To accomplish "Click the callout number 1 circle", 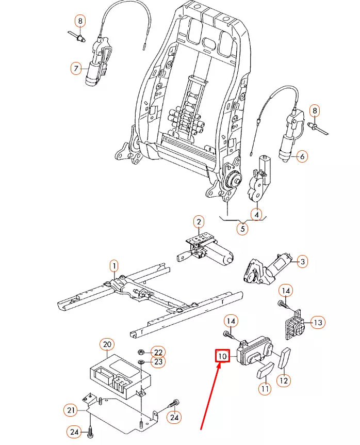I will (x=113, y=266).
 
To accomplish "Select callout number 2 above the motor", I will (x=199, y=223).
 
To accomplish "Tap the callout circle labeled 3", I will (x=303, y=262).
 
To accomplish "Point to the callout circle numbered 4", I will (x=256, y=214).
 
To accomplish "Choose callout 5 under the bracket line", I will (x=242, y=228).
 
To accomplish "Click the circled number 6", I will (x=302, y=156).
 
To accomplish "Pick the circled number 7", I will (x=77, y=68).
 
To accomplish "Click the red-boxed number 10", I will (x=222, y=356).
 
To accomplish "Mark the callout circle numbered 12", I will (x=284, y=380).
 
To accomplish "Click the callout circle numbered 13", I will (x=318, y=323).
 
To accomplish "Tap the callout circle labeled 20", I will (x=107, y=344).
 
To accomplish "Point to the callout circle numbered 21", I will (x=70, y=410).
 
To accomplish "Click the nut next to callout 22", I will (x=141, y=352).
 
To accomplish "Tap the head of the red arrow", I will (x=220, y=367).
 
